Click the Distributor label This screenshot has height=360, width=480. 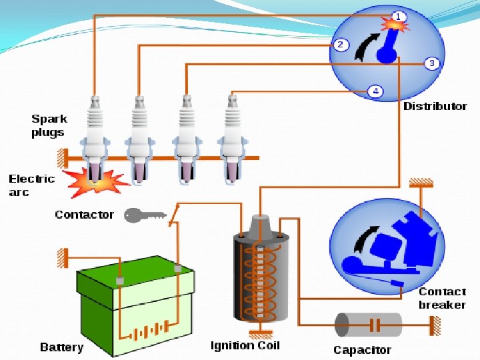(435, 107)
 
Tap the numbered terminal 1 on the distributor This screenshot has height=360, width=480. (398, 16)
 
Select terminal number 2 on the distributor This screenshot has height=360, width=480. (340, 45)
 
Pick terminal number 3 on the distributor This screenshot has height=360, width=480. (431, 63)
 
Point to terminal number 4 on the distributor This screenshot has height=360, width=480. (375, 91)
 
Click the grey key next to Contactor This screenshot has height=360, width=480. (144, 215)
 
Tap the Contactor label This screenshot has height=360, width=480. (84, 215)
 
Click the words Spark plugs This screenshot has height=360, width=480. (49, 125)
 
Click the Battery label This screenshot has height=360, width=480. (61, 347)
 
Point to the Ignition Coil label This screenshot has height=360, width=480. (245, 345)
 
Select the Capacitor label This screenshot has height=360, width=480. (362, 350)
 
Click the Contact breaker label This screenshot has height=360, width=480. (441, 298)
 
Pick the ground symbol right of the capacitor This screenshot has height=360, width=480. (435, 325)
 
